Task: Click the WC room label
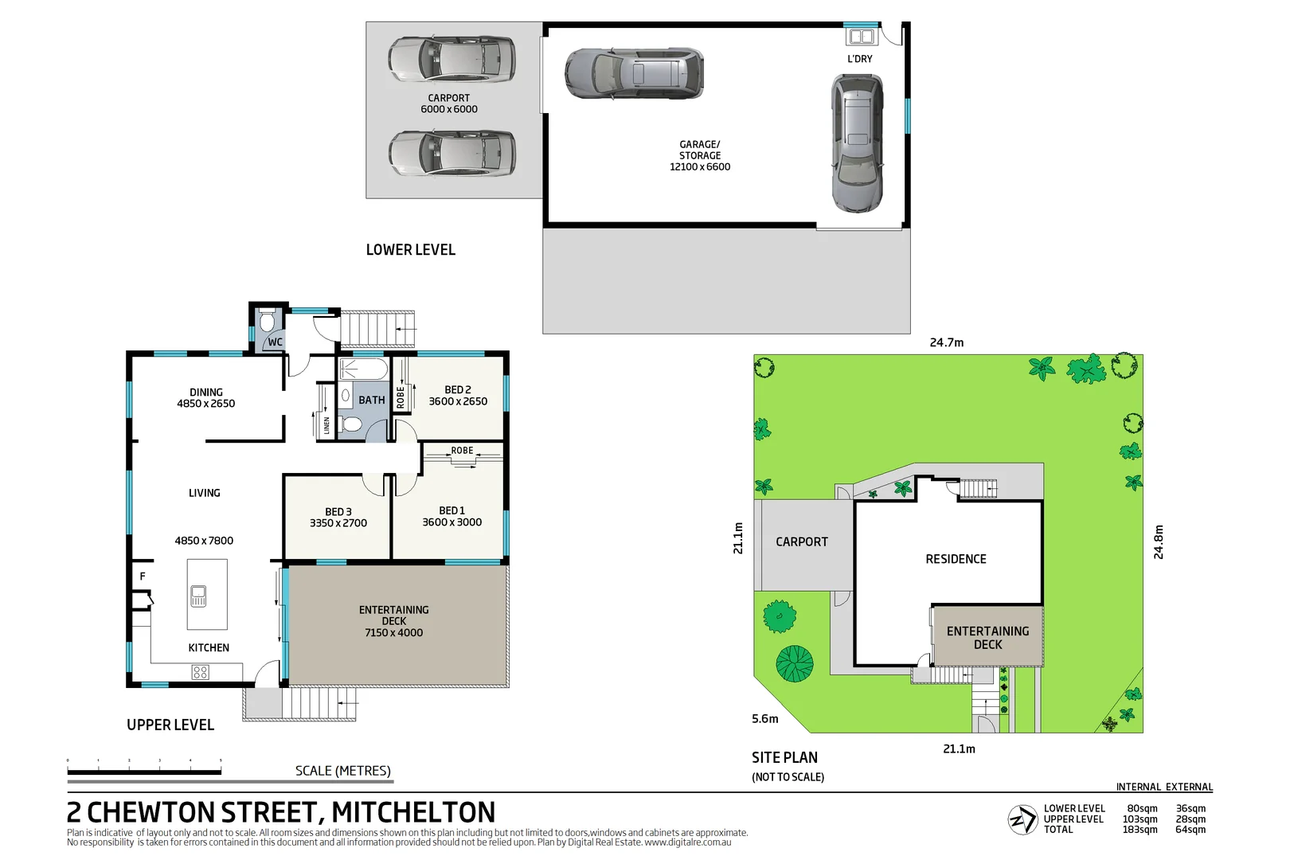(x=275, y=342)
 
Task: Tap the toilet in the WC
(x=267, y=322)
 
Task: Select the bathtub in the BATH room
(x=363, y=369)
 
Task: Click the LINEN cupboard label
(x=326, y=425)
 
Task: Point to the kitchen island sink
(x=198, y=596)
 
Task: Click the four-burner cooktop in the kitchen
(x=200, y=673)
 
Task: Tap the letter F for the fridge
(x=143, y=576)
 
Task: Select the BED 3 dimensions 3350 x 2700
(x=338, y=523)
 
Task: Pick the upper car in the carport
(x=451, y=59)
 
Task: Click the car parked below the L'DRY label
(x=857, y=143)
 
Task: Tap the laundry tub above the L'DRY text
(x=861, y=37)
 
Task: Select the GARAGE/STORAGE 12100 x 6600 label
(x=700, y=156)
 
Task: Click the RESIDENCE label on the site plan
(x=956, y=559)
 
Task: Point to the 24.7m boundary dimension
(x=946, y=342)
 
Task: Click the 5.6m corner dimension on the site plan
(x=764, y=718)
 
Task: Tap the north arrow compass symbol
(x=1022, y=819)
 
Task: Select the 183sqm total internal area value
(x=1139, y=830)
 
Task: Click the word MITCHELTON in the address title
(x=413, y=812)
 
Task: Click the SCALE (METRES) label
(x=342, y=771)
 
